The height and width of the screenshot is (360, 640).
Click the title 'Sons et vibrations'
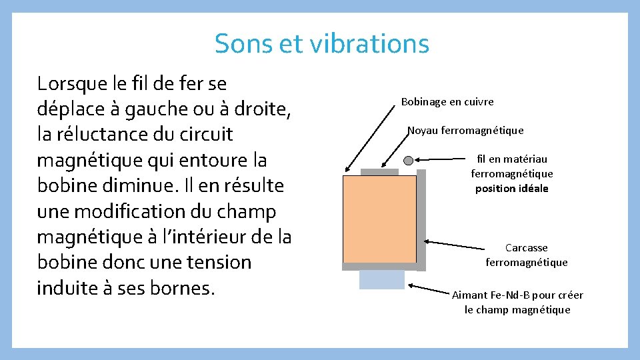tap(321, 44)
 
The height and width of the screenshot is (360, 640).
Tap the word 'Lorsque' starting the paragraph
tap(75, 84)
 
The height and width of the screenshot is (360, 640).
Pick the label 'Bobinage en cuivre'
tap(447, 102)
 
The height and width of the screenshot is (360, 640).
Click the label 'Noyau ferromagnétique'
tap(465, 131)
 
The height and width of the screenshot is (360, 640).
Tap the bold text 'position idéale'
tap(511, 189)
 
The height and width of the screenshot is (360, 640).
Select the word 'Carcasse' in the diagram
tap(526, 248)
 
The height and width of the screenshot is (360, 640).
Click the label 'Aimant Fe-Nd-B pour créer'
tap(517, 295)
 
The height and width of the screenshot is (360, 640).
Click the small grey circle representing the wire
tap(409, 160)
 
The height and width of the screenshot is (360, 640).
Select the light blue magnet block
tap(381, 279)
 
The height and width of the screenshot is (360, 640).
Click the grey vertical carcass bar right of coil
tap(421, 220)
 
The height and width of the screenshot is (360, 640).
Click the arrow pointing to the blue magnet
tap(430, 289)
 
